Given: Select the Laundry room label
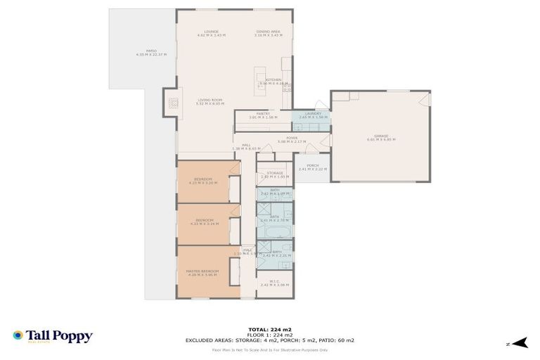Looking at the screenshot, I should (310, 115).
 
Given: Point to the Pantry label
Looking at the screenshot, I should (264, 115).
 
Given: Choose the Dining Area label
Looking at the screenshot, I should (268, 32).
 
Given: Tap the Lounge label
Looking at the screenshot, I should (212, 32).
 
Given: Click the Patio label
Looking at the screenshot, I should (151, 52).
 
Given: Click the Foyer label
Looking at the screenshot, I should (282, 139).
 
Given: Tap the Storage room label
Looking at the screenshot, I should (275, 174).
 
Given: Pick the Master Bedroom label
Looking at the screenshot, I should (202, 272).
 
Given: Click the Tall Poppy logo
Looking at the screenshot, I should (53, 336).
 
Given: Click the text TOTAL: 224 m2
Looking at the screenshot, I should (270, 329).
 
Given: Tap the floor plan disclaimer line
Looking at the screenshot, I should (270, 349).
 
